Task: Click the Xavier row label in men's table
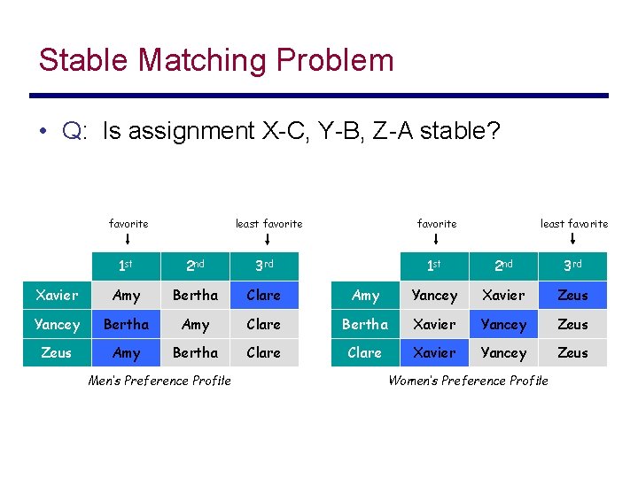click(57, 296)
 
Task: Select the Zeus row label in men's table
click(57, 352)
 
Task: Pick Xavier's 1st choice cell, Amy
click(127, 296)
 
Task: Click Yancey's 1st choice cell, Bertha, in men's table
click(127, 324)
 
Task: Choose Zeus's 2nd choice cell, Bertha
click(195, 352)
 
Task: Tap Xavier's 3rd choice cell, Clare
click(263, 296)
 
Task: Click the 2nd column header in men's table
click(195, 266)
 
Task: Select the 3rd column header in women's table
click(572, 266)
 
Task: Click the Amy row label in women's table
click(365, 296)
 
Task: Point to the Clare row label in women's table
click(365, 352)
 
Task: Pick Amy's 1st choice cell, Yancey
click(434, 296)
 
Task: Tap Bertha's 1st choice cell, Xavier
click(434, 324)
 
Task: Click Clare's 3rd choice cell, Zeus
click(572, 352)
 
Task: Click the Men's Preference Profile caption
click(159, 381)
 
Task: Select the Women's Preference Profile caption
click(468, 381)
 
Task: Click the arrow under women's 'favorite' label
click(437, 239)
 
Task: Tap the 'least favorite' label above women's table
click(574, 224)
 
